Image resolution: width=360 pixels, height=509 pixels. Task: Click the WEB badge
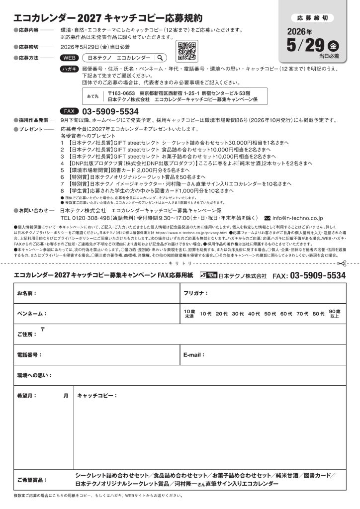pos(69,58)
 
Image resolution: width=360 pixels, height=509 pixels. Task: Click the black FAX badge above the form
pos(69,111)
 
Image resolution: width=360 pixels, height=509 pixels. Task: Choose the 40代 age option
pos(254,314)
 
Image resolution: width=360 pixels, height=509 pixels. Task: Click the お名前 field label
pos(27,293)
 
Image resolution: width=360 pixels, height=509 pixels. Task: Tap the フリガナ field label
pos(195,293)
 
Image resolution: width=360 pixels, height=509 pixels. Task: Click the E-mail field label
pos(194,355)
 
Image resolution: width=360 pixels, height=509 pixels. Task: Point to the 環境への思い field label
pos(34,375)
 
